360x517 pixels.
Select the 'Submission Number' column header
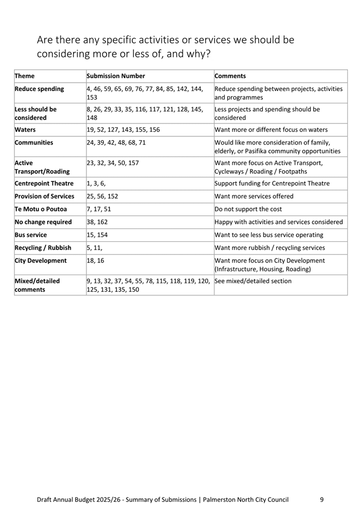[116, 76]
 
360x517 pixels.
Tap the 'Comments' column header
[230, 76]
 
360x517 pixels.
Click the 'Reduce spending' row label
[39, 89]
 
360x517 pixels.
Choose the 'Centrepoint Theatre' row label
[44, 183]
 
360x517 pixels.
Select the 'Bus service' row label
[31, 234]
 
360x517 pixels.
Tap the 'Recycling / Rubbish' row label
[43, 247]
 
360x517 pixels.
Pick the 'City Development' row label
[40, 260]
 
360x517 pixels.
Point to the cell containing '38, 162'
[99, 222]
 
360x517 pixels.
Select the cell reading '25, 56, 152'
[102, 197]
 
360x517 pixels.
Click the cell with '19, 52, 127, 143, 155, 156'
[123, 130]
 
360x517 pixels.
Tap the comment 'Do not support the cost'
[250, 209]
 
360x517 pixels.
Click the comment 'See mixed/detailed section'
[253, 281]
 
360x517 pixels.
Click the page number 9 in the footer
[322, 499]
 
